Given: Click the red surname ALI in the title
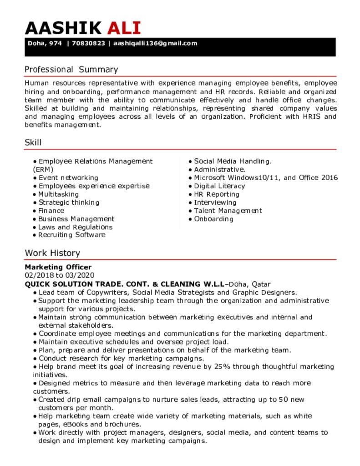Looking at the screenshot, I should pos(124,28).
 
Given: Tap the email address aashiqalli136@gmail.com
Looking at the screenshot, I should pos(155,44).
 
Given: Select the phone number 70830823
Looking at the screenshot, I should pos(88,44).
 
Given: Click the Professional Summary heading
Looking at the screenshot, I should pos(71,70).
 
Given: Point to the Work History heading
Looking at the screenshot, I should pos(52,253).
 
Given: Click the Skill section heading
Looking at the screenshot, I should pos(33,142).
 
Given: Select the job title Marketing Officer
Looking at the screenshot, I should pos(58,267).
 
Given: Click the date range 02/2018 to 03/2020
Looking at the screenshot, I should pos(59,275).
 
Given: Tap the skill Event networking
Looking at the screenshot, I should pos(68,178).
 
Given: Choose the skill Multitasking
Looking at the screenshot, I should pos(58,194).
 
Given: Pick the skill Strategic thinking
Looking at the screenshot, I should pos(69,203).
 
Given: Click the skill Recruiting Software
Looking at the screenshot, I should pos(71,235).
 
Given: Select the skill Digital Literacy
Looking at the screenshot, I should pos(219,186).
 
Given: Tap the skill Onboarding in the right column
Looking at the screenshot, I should pos(213,219).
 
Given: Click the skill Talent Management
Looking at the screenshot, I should pos(228,211).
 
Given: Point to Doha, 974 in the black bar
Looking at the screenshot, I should pos(45,44).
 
